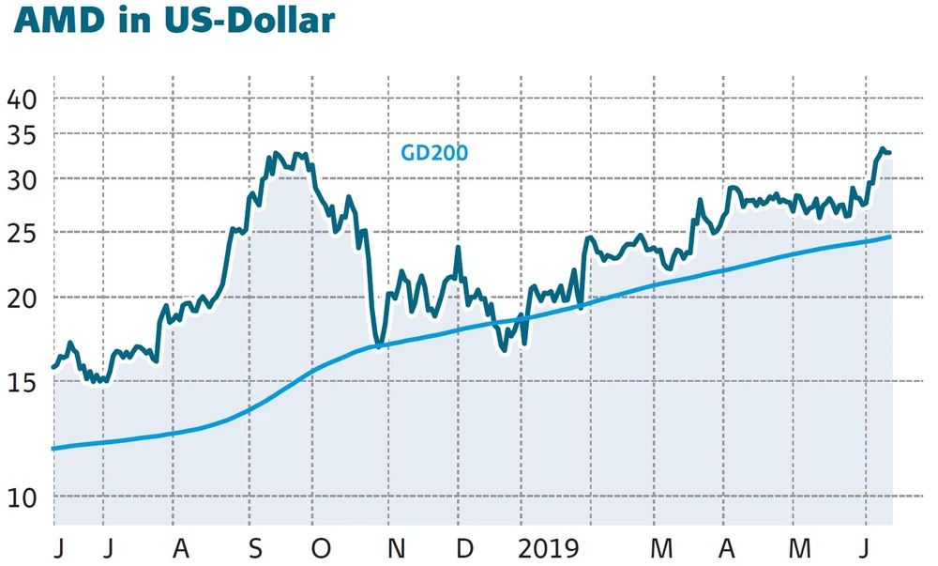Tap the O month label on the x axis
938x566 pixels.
(321, 549)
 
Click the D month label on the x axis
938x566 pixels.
(464, 549)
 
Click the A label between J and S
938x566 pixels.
(181, 549)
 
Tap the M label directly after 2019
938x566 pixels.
(662, 549)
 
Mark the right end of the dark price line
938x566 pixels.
(889, 152)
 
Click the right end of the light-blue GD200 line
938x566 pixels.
(889, 237)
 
